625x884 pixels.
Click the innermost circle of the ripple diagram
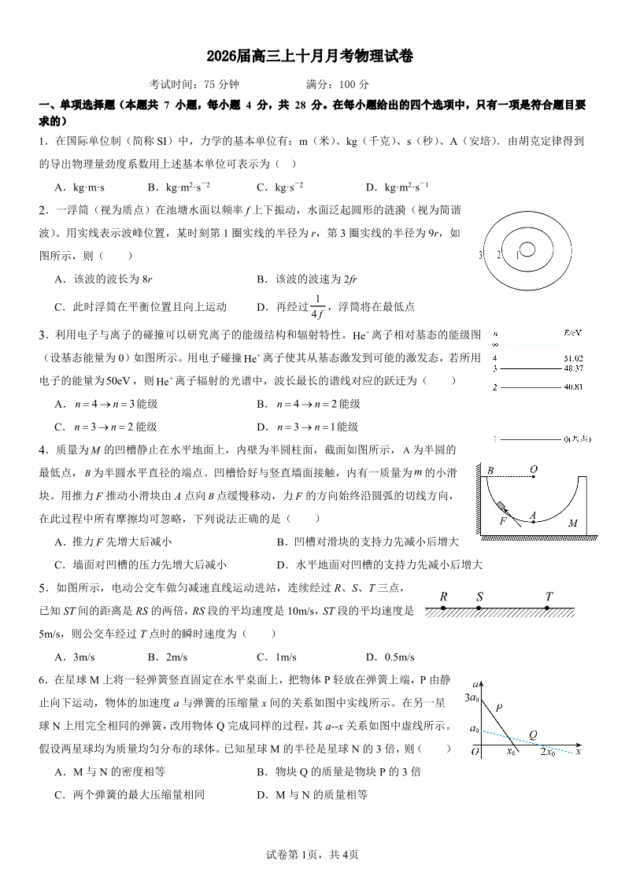pos(527,250)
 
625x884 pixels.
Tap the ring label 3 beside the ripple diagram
pos(479,255)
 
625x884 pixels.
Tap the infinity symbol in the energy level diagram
pos(494,344)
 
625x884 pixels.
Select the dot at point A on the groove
pos(533,523)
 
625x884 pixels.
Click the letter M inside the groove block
pos(573,523)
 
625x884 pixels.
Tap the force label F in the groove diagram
pos(503,521)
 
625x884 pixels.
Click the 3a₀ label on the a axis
pos(472,697)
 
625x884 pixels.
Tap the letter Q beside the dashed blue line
pos(533,735)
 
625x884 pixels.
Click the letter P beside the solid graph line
pos(499,708)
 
